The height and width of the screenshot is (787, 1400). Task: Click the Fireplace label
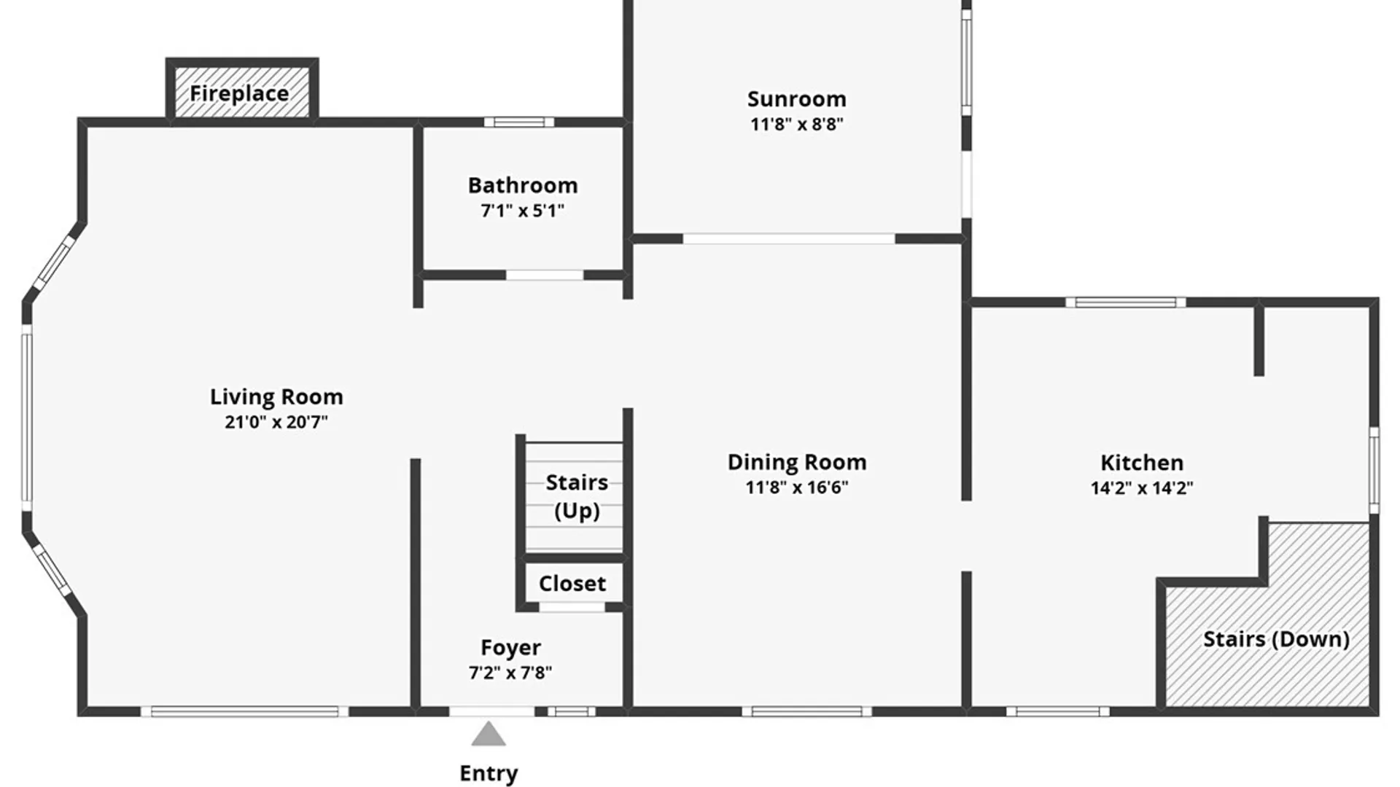click(x=239, y=94)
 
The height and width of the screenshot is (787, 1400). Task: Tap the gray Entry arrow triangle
click(x=489, y=734)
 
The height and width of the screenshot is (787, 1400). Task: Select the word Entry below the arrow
click(x=489, y=774)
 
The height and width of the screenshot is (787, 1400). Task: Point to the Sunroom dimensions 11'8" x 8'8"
click(x=797, y=124)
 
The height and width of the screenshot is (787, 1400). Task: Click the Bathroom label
click(x=523, y=185)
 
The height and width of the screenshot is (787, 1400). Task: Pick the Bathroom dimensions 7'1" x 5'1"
click(x=523, y=211)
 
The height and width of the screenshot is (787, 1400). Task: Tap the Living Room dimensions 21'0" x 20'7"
click(x=276, y=422)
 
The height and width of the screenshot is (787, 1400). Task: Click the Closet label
click(x=572, y=584)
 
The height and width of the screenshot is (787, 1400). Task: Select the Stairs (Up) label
click(x=577, y=496)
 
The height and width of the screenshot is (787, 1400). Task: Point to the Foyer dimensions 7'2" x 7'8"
click(x=510, y=673)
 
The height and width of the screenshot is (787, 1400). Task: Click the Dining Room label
click(x=797, y=462)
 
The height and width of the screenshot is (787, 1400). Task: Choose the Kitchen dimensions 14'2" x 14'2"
click(x=1142, y=488)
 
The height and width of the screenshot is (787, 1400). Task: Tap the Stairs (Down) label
click(x=1276, y=639)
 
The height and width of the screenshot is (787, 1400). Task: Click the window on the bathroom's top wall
click(x=519, y=122)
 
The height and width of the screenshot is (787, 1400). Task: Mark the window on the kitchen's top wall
click(x=1126, y=302)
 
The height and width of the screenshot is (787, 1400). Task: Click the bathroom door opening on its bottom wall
click(x=545, y=275)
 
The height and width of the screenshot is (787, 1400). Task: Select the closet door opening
click(x=572, y=607)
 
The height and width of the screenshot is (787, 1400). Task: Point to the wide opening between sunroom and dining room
click(x=789, y=239)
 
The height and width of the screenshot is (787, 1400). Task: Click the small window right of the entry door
click(x=572, y=711)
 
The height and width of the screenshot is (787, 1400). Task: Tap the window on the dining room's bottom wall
click(x=807, y=711)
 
